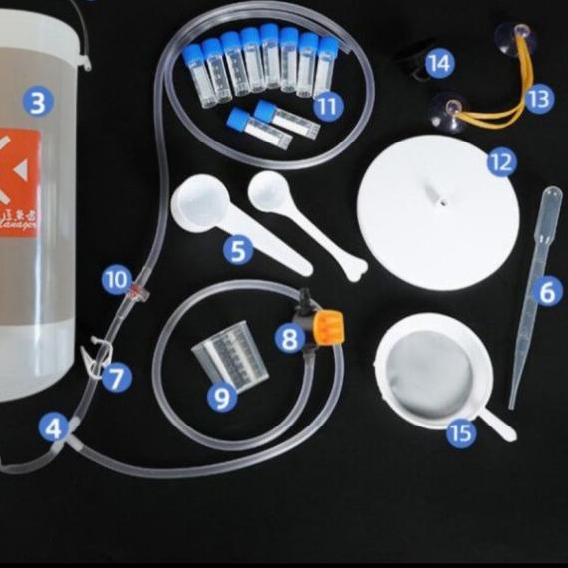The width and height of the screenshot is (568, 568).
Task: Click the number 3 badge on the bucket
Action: tap(38, 102)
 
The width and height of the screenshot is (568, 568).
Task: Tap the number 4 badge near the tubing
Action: tap(54, 428)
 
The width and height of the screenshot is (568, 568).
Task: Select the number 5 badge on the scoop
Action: tap(237, 250)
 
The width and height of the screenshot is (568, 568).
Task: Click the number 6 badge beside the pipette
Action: tap(546, 292)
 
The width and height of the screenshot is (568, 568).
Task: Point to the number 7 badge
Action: tap(117, 378)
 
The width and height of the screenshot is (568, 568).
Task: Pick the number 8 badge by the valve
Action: tap(289, 339)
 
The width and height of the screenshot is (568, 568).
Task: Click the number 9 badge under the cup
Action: tap(222, 397)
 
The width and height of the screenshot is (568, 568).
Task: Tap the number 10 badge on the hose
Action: tap(117, 279)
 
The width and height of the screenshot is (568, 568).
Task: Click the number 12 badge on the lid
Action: tap(501, 161)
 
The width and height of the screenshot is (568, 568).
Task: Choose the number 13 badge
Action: tap(538, 98)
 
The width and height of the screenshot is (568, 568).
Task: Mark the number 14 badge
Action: tap(439, 64)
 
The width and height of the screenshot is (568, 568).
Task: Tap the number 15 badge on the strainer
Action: tap(461, 432)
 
